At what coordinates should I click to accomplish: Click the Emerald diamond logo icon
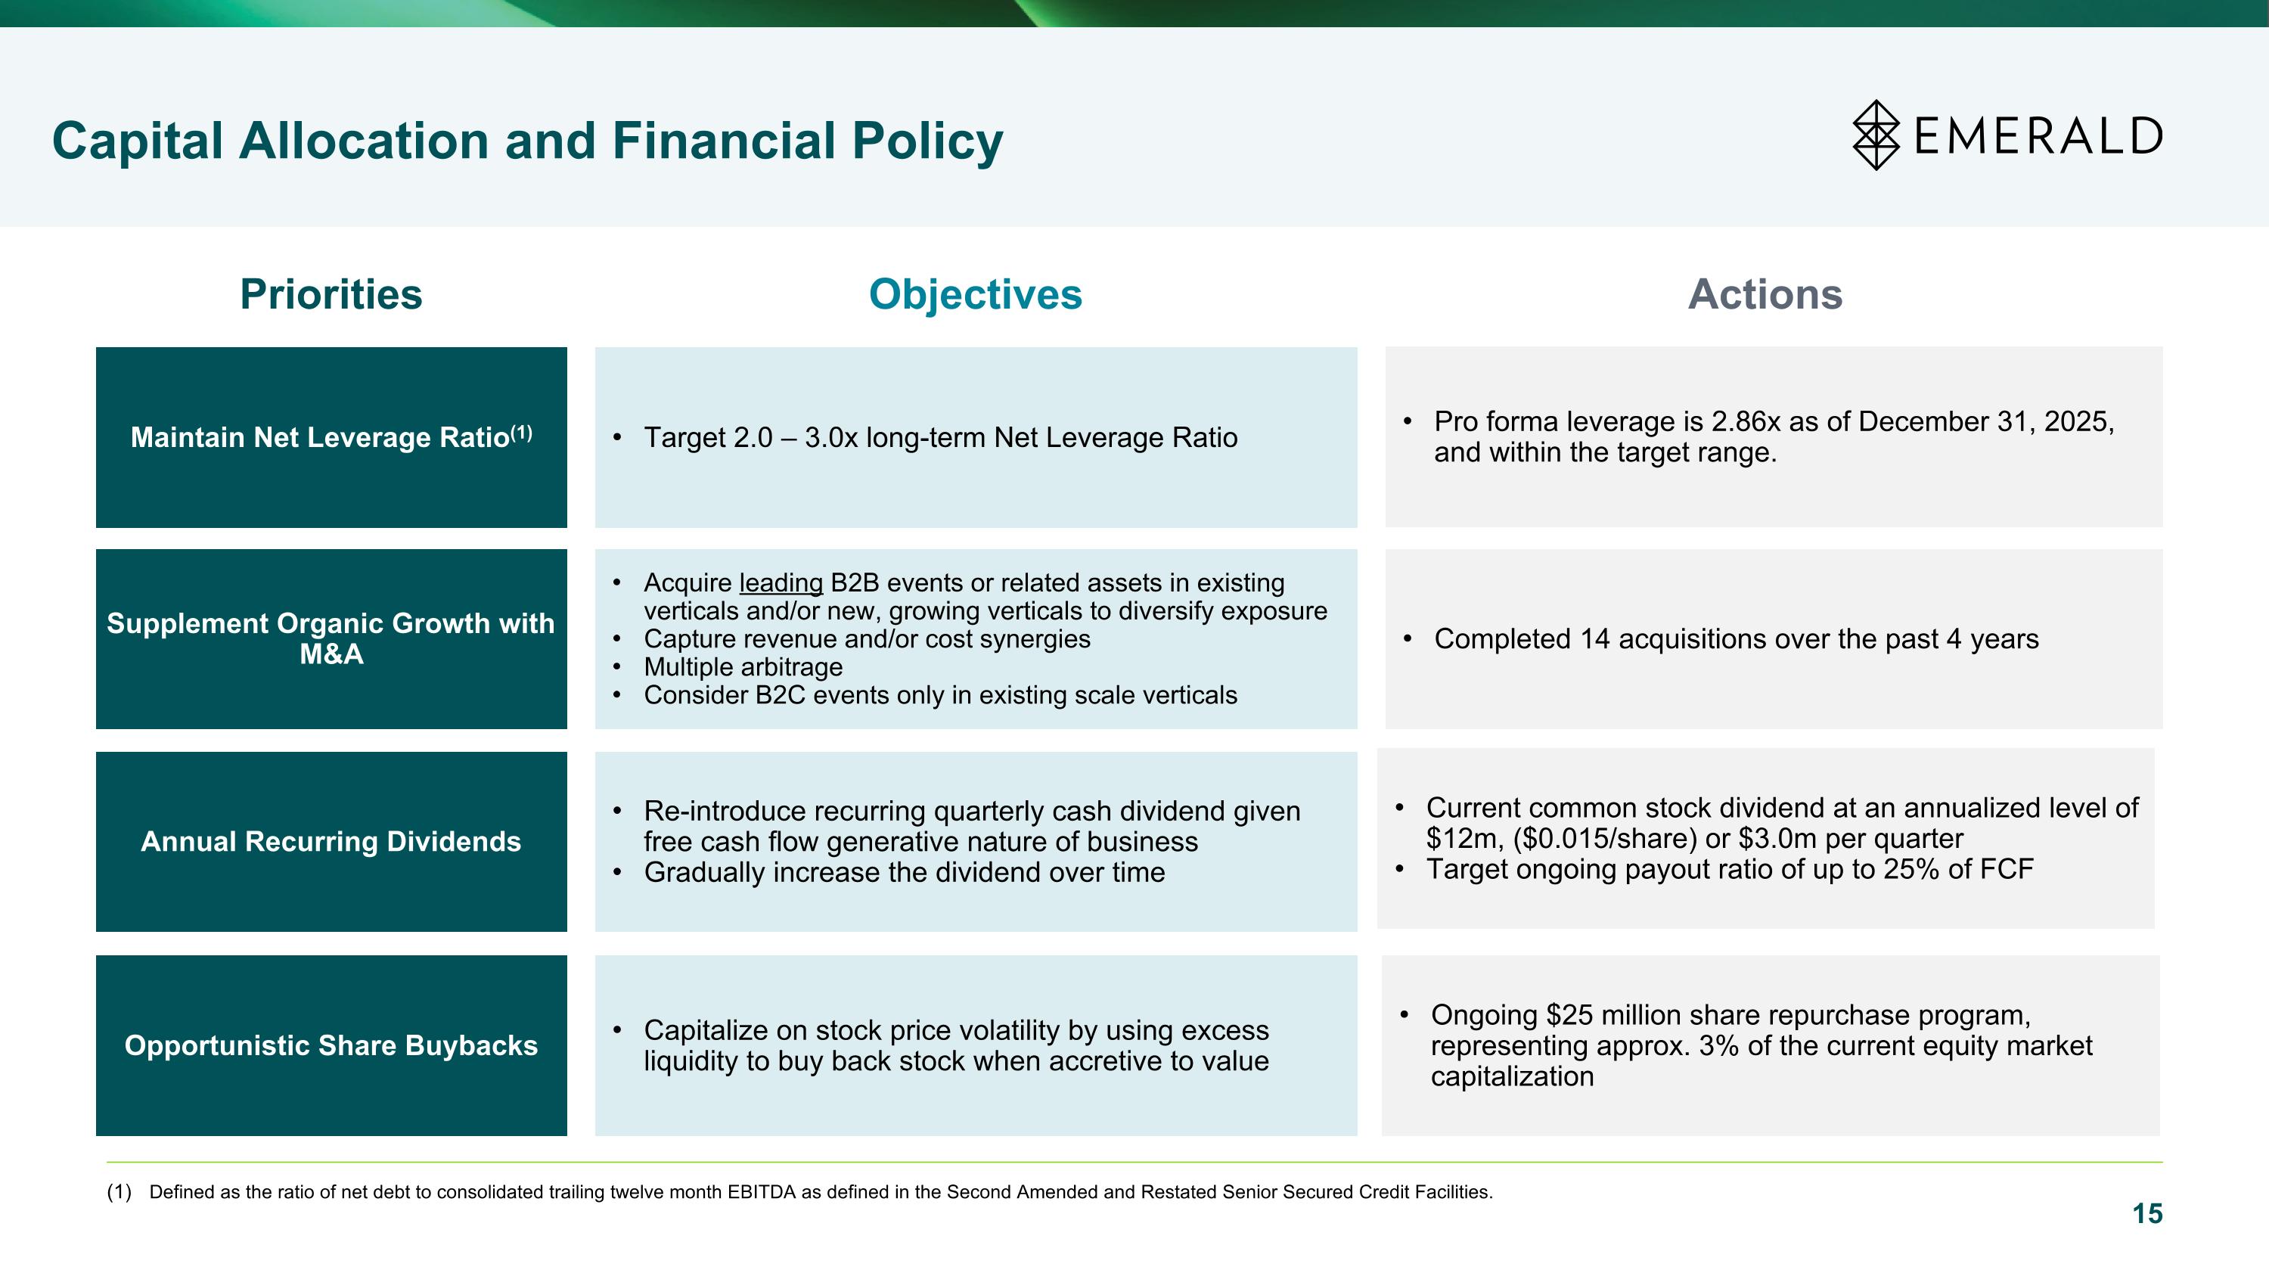[x=1876, y=135]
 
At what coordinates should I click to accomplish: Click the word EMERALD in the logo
[x=2038, y=136]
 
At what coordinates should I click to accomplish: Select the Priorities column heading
[x=331, y=294]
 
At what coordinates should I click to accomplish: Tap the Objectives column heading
[x=975, y=294]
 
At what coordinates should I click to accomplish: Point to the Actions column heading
[x=1765, y=294]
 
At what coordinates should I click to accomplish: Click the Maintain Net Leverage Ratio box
[x=331, y=438]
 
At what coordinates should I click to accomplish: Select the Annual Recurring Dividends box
[x=331, y=842]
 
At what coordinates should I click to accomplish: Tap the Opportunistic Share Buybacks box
[x=331, y=1045]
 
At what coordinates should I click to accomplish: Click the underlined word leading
[x=781, y=583]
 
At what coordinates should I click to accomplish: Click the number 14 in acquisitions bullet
[x=1594, y=639]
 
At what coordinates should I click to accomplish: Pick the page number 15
[x=2146, y=1213]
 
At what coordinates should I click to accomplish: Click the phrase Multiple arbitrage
[x=743, y=668]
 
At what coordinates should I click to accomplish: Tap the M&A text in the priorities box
[x=331, y=654]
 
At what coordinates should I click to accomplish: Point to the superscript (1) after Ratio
[x=521, y=433]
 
